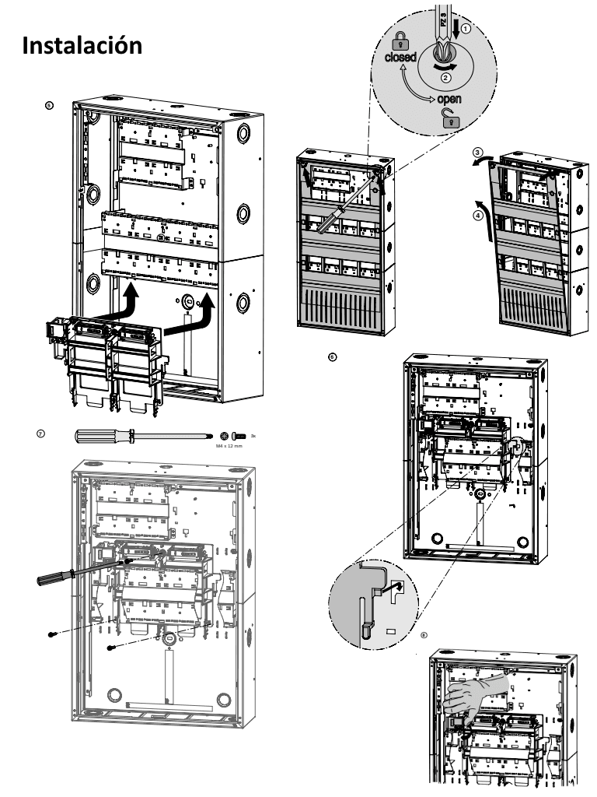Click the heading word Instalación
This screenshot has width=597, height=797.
tap(82, 45)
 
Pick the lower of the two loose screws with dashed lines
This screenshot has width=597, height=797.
tap(112, 648)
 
